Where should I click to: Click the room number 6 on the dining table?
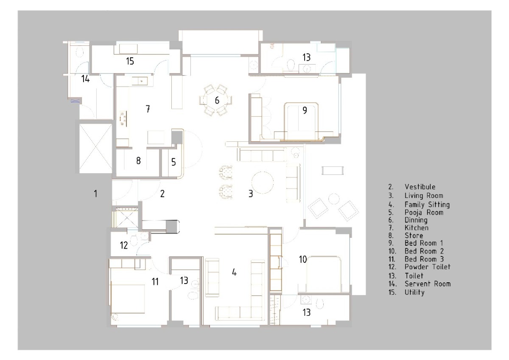click(217, 100)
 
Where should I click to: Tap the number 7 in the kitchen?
click(148, 109)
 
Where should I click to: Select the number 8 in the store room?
click(138, 161)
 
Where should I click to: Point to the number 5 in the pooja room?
click(173, 162)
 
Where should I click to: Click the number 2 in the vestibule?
click(162, 194)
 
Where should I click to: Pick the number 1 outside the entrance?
click(96, 194)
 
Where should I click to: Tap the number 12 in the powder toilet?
click(124, 245)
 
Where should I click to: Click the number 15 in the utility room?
click(130, 61)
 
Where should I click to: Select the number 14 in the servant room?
click(85, 79)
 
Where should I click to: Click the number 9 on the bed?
click(305, 110)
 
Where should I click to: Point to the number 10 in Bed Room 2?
click(303, 259)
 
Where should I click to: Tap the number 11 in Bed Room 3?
click(155, 282)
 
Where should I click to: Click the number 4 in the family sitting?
click(234, 272)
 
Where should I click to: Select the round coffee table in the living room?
click(262, 183)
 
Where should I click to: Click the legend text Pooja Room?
click(424, 213)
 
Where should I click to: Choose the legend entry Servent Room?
click(428, 284)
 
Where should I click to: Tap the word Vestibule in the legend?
click(420, 187)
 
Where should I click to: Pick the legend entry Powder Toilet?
click(428, 267)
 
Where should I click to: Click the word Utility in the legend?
click(414, 292)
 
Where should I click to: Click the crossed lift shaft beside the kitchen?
click(95, 149)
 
